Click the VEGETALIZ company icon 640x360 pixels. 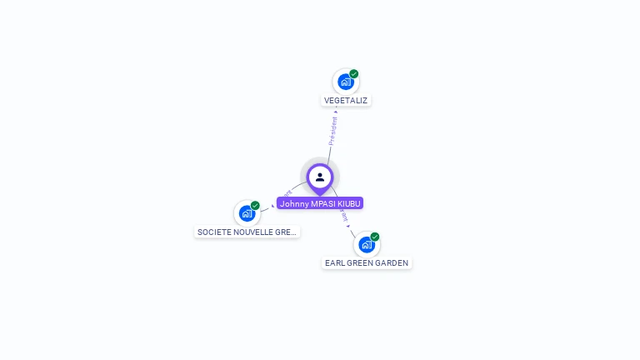pyautogui.click(x=345, y=82)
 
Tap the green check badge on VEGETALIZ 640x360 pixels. pyautogui.click(x=354, y=74)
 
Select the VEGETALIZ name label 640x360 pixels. pyautogui.click(x=346, y=101)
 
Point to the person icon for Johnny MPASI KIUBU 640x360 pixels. pyautogui.click(x=320, y=177)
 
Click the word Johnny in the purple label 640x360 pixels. pyautogui.click(x=293, y=203)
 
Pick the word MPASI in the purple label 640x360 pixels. pyautogui.click(x=323, y=203)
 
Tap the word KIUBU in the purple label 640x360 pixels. pyautogui.click(x=350, y=203)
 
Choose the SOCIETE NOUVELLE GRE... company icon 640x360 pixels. pyautogui.click(x=247, y=213)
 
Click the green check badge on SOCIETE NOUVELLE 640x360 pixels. pyautogui.click(x=255, y=206)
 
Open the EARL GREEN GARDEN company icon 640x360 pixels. pyautogui.click(x=366, y=244)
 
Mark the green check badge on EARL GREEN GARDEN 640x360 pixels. pyautogui.click(x=375, y=237)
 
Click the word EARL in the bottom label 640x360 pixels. pyautogui.click(x=335, y=263)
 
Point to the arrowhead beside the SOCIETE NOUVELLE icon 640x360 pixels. pyautogui.click(x=272, y=205)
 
